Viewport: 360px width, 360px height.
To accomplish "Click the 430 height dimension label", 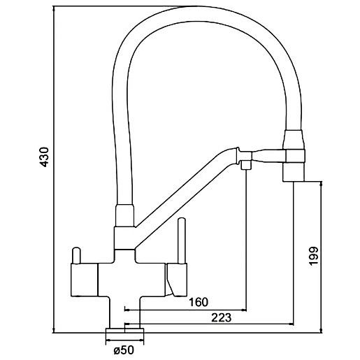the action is [43, 157].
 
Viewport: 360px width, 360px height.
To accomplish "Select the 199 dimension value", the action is [313, 256].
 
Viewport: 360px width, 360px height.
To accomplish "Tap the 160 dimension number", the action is [198, 302].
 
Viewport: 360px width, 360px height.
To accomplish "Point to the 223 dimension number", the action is [222, 317].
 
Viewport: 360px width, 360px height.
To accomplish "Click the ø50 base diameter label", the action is [124, 350].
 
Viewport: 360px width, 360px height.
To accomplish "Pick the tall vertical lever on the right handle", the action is [182, 241].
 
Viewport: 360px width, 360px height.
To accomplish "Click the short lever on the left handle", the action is [76, 256].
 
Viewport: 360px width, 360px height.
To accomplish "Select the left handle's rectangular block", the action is [84, 280].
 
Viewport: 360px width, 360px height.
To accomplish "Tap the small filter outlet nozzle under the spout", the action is [245, 165].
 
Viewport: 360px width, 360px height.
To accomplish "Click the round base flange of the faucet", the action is [124, 331].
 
